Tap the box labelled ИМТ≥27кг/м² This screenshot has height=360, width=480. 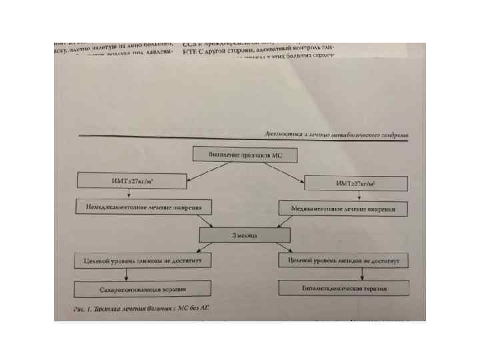pos(356,183)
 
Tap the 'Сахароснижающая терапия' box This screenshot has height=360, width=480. pos(143,289)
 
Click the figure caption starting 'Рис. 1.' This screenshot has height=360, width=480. pos(147,309)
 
